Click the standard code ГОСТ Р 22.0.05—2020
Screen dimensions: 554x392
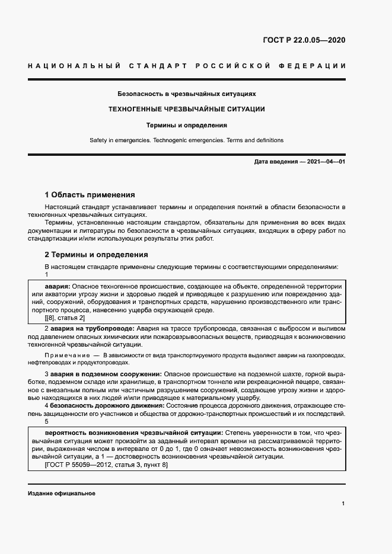[304, 41]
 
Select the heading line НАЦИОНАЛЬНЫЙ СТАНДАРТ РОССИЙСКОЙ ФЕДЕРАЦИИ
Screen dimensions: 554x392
[187, 65]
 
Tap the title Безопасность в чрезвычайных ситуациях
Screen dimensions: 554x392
[187, 94]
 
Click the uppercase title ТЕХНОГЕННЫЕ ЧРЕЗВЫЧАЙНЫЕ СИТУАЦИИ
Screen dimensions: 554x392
[186, 109]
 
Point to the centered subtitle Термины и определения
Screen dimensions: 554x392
[187, 125]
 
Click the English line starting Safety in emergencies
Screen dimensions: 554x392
[187, 140]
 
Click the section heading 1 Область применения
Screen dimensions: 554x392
[90, 194]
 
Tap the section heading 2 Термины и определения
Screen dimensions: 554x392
[96, 254]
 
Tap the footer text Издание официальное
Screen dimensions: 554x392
[61, 494]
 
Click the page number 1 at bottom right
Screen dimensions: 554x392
[343, 504]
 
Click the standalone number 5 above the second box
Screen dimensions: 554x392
[47, 421]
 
